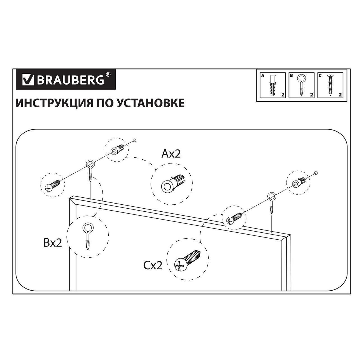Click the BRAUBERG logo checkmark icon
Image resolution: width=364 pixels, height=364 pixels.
tap(28, 80)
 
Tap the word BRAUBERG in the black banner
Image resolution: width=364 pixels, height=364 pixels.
tap(70, 80)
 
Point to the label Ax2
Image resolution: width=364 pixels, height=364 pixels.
tap(171, 153)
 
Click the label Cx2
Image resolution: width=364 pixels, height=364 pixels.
tap(153, 266)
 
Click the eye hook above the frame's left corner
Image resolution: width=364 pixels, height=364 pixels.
tap(90, 170)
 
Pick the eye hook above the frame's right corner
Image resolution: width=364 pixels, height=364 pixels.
tap(271, 203)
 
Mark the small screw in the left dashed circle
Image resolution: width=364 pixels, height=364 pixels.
tap(53, 185)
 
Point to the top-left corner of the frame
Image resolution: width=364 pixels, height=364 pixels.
tap(70, 198)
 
